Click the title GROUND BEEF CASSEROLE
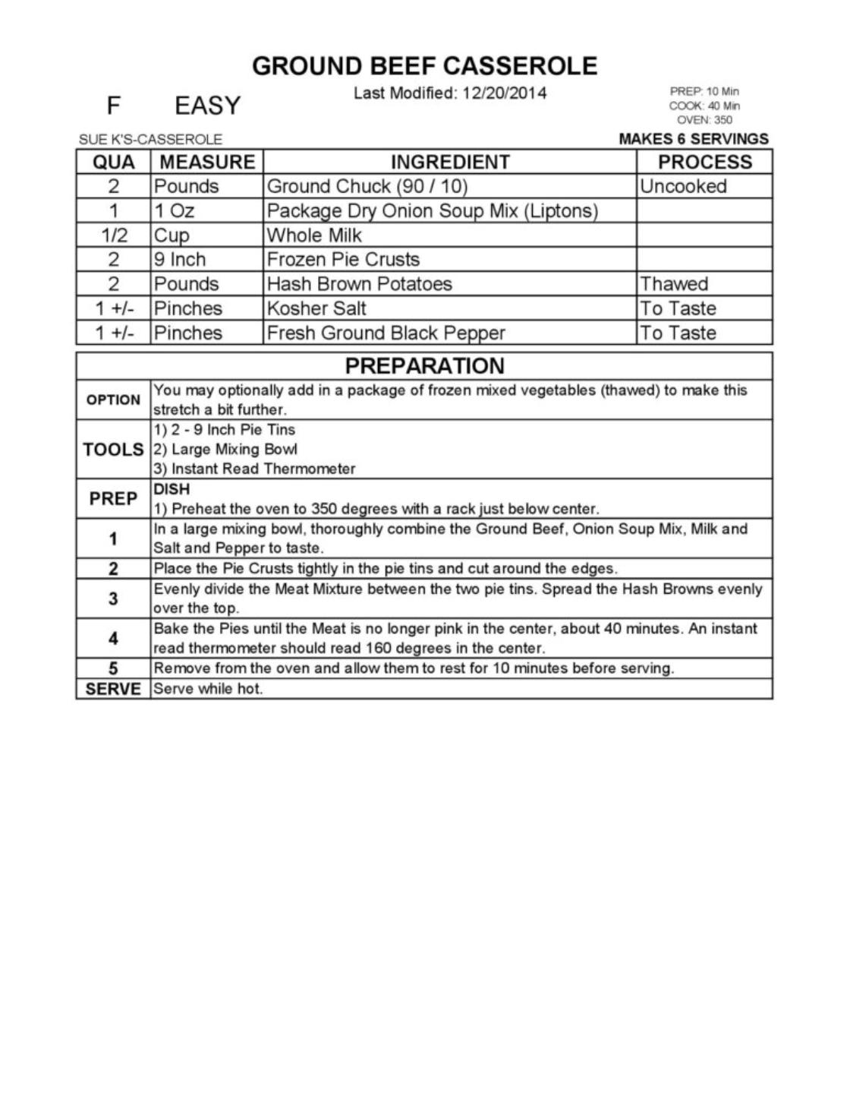(424, 66)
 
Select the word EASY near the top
(207, 106)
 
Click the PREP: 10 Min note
(704, 91)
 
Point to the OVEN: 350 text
(704, 120)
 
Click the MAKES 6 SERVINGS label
(693, 139)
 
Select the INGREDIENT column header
(449, 162)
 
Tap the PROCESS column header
(704, 162)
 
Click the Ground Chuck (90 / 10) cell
(367, 187)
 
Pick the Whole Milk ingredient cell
(314, 235)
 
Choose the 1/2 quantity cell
(114, 235)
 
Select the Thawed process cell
(673, 284)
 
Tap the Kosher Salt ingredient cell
(316, 308)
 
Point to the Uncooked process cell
(682, 187)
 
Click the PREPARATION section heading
(424, 366)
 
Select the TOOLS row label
(113, 450)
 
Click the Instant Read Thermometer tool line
(254, 469)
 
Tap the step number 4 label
(113, 639)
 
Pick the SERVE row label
(113, 689)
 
